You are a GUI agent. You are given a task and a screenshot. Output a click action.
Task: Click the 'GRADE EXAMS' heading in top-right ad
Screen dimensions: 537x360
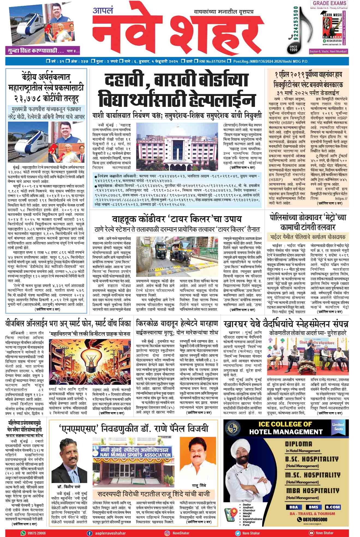329,4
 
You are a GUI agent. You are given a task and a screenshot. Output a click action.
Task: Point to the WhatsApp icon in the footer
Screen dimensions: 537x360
23,533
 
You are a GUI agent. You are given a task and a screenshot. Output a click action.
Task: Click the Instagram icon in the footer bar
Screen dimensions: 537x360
167,533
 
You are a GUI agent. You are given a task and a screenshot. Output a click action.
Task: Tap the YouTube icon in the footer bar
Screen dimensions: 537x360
311,533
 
